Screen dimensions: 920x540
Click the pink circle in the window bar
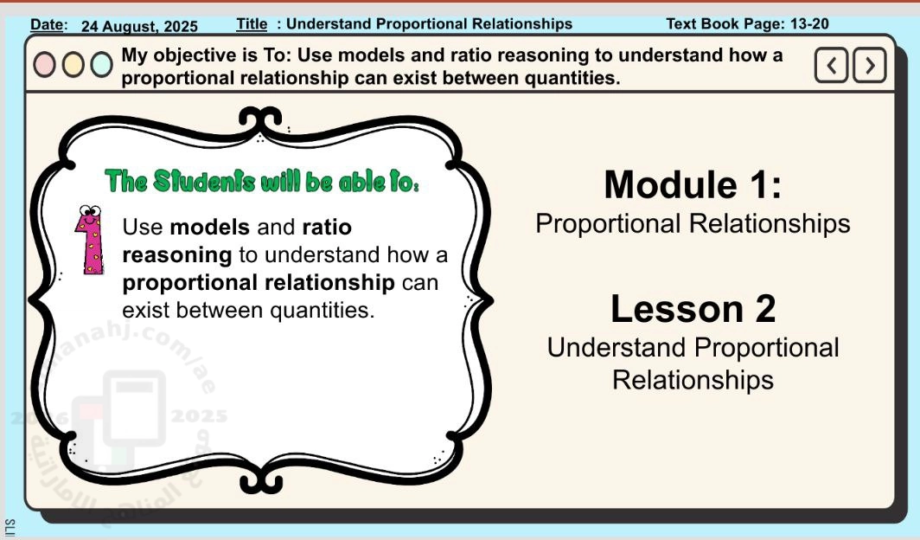click(45, 65)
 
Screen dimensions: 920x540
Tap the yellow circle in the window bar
click(73, 65)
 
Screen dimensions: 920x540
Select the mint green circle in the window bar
click(101, 65)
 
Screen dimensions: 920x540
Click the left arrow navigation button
click(831, 65)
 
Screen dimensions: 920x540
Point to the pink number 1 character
click(90, 240)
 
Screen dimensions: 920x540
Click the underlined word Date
click(48, 24)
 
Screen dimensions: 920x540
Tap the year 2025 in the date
click(181, 27)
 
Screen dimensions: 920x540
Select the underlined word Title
click(252, 24)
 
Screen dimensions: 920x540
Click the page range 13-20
click(809, 24)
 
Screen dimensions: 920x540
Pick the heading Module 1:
click(693, 184)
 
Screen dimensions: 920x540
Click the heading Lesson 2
click(693, 308)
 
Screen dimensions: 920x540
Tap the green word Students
click(204, 182)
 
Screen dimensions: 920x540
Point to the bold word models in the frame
click(210, 227)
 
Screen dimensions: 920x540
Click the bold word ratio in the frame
click(327, 227)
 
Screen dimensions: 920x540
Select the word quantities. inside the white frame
click(323, 311)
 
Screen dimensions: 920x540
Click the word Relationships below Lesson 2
click(693, 380)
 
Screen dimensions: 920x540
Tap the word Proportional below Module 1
click(609, 224)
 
